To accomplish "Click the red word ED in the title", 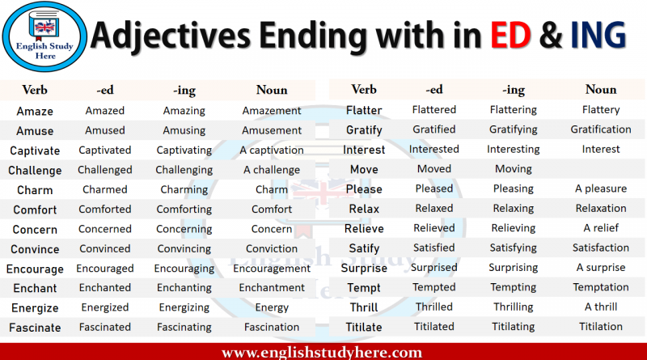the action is pos(510,35).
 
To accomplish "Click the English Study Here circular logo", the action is pos(44,36).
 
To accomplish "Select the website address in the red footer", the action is pos(322,352).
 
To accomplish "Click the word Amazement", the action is pos(272,111).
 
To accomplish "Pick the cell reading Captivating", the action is pos(184,150).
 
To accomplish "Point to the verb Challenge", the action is pos(35,171).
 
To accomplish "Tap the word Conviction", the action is pos(272,248).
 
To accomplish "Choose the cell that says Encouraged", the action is pos(105,269).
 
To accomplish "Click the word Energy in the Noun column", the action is pos(272,308).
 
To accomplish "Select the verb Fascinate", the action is pos(35,328).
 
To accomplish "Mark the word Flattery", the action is pos(601,110).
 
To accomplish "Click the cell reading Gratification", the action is pos(601,129).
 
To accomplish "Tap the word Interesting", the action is pos(514,150).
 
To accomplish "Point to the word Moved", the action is pos(434,169).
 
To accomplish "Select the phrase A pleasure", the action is pos(601,188).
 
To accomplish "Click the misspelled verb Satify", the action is pos(364,248).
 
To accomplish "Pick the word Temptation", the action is pos(601,287).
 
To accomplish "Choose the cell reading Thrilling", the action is pos(514,307).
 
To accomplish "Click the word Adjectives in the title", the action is pos(171,36).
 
